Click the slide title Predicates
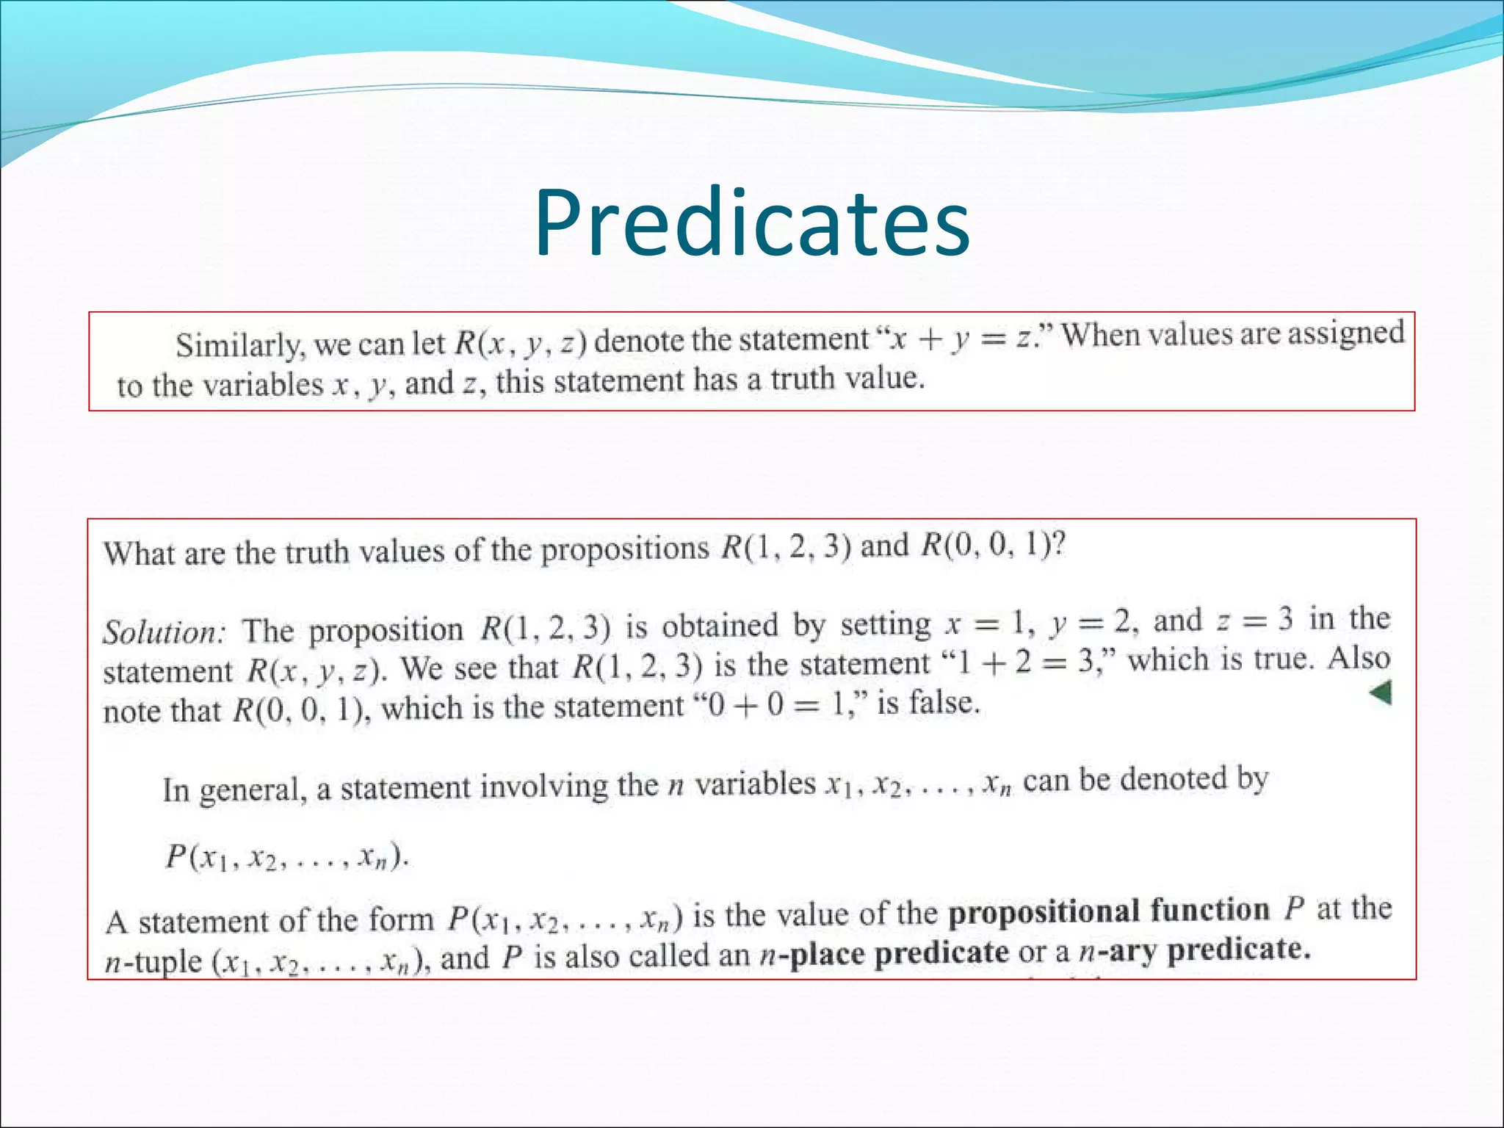[751, 223]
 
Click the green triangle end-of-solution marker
[1381, 693]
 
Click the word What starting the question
[137, 553]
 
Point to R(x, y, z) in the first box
[520, 342]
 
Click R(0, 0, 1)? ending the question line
[992, 546]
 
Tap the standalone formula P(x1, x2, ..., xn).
[286, 857]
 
